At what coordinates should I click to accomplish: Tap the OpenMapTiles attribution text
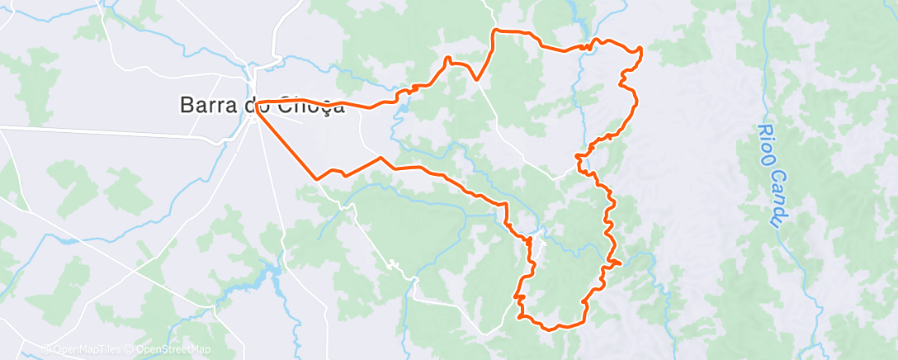pyautogui.click(x=84, y=349)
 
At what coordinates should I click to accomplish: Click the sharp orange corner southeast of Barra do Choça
pyautogui.click(x=317, y=178)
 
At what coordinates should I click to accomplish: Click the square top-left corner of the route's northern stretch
pyautogui.click(x=494, y=31)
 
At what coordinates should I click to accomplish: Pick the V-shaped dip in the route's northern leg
pyautogui.click(x=477, y=79)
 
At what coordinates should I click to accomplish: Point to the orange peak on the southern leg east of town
pyautogui.click(x=380, y=158)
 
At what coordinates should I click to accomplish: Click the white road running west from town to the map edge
pyautogui.click(x=83, y=129)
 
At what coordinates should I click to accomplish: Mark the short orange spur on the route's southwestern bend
pyautogui.click(x=518, y=296)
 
